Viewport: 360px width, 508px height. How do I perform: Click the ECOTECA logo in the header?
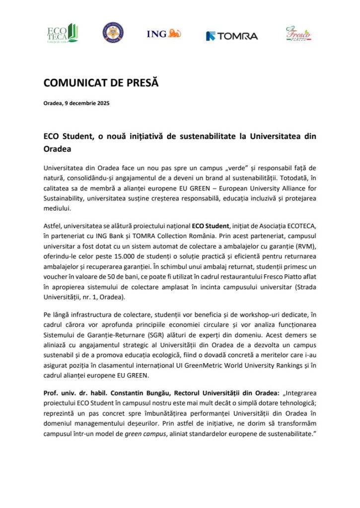(x=62, y=34)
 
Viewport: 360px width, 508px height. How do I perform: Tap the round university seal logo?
(x=113, y=33)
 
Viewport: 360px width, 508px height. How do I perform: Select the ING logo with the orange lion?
(x=163, y=34)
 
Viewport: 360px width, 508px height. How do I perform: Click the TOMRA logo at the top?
(x=232, y=36)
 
